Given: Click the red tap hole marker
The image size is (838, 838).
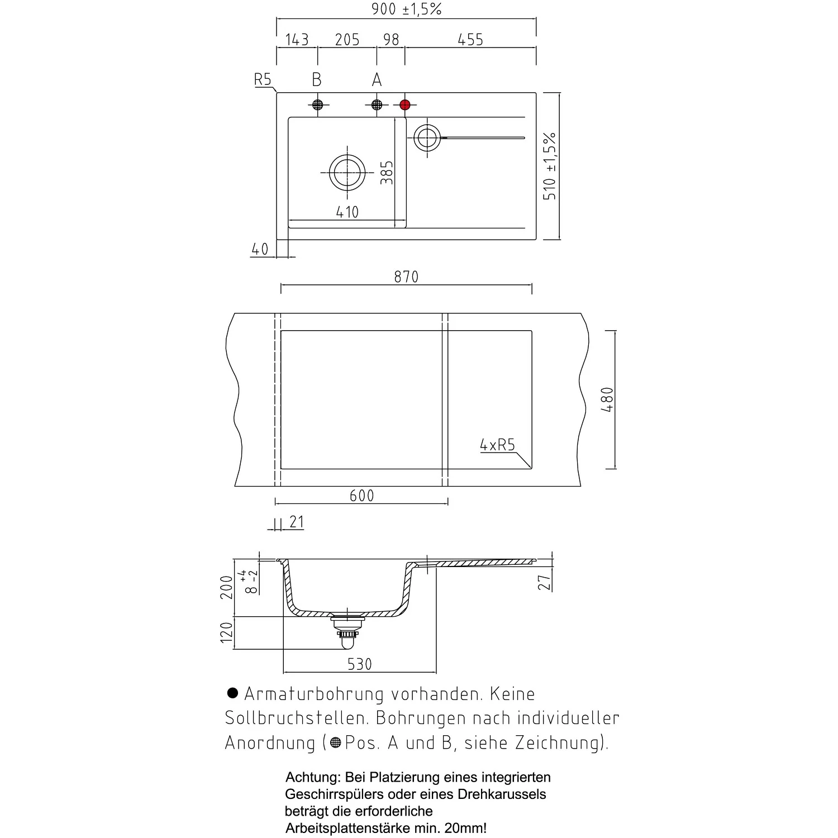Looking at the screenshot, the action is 405,104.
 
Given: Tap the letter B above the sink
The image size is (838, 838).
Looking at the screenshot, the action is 317,80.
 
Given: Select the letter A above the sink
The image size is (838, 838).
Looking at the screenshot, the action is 377,80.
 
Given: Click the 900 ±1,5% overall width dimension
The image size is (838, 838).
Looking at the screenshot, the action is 406,9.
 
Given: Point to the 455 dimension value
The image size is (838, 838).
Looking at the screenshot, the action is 470,40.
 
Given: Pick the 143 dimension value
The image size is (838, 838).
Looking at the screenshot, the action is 297,40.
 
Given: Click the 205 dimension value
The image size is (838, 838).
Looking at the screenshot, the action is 347,40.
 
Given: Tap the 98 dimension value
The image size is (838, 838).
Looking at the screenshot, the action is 392,40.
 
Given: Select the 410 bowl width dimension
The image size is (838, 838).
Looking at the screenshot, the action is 347,212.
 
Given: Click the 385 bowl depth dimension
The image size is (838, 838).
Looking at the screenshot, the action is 387,173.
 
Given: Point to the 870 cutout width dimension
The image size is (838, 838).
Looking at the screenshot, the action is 406,277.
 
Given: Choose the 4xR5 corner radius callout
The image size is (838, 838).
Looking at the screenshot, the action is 497,445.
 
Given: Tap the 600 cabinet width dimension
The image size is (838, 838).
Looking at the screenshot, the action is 361,496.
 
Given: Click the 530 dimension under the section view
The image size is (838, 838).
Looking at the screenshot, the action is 359,664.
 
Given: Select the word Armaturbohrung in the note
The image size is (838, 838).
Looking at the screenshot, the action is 314,694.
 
